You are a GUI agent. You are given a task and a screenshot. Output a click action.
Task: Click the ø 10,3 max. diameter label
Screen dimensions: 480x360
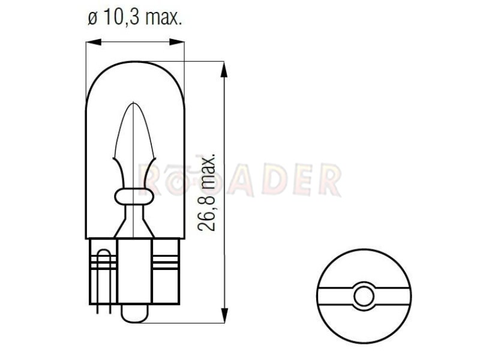[135, 17]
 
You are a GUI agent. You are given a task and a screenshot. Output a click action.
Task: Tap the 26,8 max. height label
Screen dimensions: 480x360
[206, 192]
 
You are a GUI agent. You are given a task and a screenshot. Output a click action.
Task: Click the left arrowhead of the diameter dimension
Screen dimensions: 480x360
[94, 42]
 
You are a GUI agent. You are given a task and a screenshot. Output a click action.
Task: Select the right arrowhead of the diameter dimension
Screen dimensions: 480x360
[177, 42]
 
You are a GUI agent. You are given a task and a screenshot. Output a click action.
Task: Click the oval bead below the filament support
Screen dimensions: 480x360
[134, 197]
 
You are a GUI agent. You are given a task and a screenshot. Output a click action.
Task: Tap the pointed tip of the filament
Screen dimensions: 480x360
[133, 103]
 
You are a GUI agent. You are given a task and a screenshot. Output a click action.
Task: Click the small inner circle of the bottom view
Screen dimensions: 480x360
[364, 296]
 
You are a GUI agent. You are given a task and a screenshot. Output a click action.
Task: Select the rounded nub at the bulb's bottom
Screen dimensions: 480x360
[134, 313]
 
